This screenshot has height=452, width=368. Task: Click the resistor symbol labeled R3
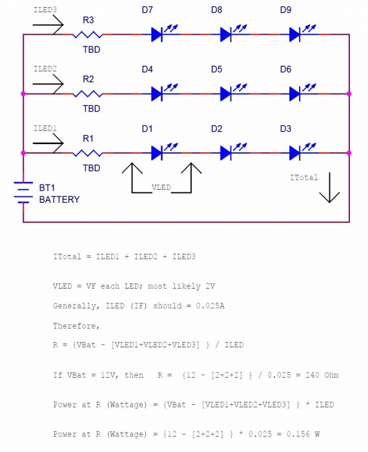87,35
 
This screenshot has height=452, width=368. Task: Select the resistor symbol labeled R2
87,94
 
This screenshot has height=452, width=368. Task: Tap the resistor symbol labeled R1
87,154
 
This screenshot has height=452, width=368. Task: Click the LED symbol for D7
164,33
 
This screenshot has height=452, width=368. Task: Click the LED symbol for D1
164,152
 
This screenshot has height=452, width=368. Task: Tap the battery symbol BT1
23,192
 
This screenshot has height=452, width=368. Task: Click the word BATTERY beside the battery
59,200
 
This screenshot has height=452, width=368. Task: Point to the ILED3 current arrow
48,25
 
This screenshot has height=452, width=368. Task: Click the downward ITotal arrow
329,188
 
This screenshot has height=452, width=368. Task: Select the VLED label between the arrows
161,187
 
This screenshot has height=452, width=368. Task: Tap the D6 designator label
285,70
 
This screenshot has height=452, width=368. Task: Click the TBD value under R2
92,108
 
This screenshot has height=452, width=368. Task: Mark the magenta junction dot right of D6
349,94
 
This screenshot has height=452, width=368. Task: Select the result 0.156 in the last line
298,434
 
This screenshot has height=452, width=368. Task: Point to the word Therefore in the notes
76,325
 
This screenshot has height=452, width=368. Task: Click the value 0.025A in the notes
210,305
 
